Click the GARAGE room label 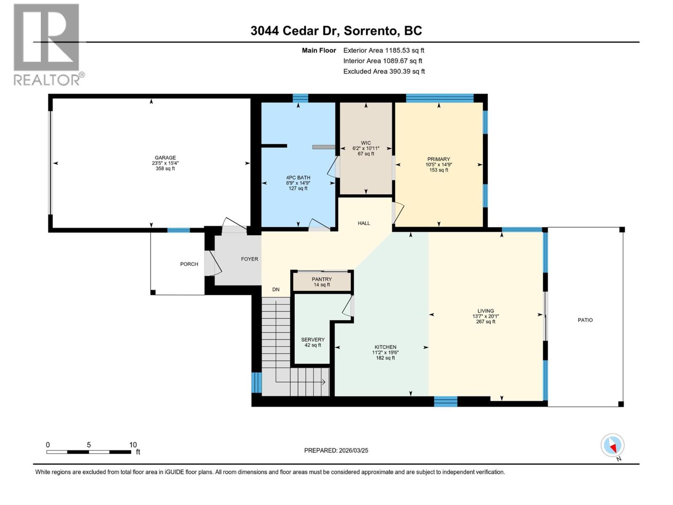tap(165, 158)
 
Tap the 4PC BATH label tap(298, 178)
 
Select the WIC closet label tap(366, 143)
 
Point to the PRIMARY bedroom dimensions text tap(439, 165)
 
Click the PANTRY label tap(322, 279)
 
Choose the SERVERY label tap(313, 340)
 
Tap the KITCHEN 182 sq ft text tap(385, 358)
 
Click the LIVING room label tap(485, 311)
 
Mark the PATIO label tap(585, 320)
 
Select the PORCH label tap(189, 264)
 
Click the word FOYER tap(249, 259)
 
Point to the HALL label tap(364, 223)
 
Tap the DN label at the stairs tap(276, 290)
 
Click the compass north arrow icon tap(613, 445)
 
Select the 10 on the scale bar tap(133, 445)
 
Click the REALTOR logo tap(47, 44)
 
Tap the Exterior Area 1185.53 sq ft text tap(384, 50)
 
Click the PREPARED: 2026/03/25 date tap(336, 450)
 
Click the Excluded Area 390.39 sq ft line tap(384, 72)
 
